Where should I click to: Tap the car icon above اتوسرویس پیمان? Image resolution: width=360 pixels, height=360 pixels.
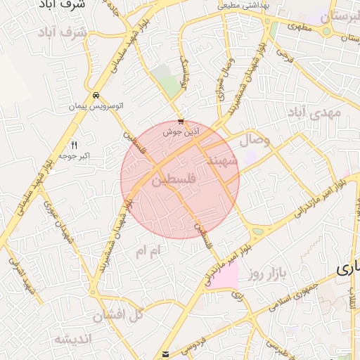(x=96, y=96)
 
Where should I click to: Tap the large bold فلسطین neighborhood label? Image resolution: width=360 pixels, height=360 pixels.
(x=172, y=180)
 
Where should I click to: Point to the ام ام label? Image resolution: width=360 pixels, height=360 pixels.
(x=149, y=250)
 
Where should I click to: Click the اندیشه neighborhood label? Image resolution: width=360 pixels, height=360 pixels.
(x=73, y=340)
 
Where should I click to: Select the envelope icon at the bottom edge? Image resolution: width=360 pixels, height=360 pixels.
(x=165, y=354)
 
